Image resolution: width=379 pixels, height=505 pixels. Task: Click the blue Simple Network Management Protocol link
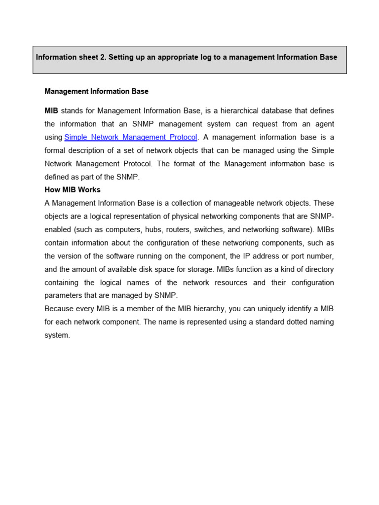pyautogui.click(x=131, y=137)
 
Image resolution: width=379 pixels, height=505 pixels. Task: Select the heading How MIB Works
pyautogui.click(x=73, y=190)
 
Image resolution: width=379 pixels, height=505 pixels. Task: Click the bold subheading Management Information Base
pyautogui.click(x=96, y=91)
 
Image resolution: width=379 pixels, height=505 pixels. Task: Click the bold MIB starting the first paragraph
pyautogui.click(x=51, y=110)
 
